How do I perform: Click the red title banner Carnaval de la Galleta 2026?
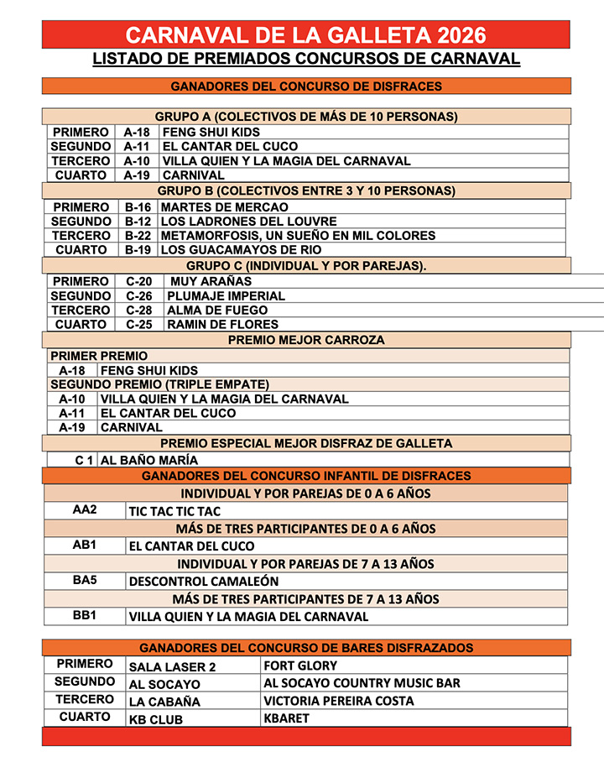point(305,34)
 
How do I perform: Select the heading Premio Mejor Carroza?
point(306,340)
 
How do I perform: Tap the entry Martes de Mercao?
point(224,207)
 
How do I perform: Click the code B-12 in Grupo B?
point(138,222)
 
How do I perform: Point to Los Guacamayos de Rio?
point(241,250)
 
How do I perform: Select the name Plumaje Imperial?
point(226,296)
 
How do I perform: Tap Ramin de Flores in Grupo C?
point(222,325)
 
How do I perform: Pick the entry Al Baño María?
point(149,460)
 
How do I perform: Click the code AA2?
point(85,509)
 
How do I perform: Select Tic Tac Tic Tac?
point(174,511)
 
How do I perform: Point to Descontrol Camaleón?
point(204,581)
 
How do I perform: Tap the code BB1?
point(85,615)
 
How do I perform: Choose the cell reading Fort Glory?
point(300,666)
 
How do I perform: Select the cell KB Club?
point(155,719)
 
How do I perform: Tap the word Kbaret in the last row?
point(286,718)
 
